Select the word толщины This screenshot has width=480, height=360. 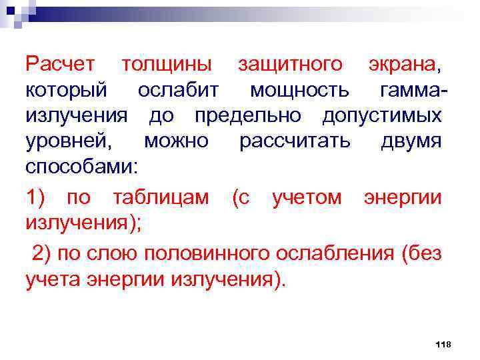[166, 64]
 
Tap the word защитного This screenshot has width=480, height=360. [291, 64]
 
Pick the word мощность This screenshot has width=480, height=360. [299, 90]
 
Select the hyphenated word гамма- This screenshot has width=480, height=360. [413, 90]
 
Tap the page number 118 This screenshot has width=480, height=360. [443, 344]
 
